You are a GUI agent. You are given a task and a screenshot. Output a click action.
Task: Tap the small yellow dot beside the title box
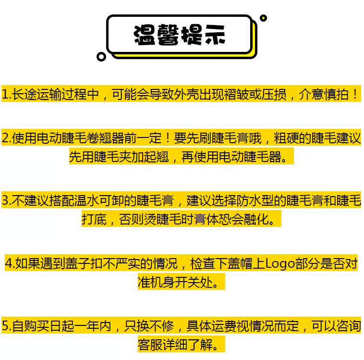263,18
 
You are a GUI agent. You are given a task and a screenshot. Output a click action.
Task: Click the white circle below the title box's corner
101,57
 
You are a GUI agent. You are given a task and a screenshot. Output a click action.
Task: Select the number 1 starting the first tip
5,94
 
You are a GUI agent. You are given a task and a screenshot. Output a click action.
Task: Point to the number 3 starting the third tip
5,200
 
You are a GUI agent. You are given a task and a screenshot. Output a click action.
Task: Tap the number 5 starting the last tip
5,326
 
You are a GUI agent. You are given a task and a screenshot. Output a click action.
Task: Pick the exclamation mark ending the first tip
355,94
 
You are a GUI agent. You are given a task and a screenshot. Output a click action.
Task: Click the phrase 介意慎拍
324,94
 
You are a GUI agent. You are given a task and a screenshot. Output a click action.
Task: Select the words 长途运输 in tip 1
36,94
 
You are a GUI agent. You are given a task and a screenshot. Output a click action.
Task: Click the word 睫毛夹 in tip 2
112,157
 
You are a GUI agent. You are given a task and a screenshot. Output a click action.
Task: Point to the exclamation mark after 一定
168,138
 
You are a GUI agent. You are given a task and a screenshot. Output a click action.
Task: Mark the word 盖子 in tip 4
77,263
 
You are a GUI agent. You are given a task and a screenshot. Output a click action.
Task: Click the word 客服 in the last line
150,345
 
